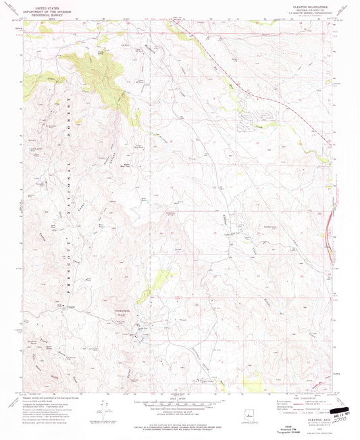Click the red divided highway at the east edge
pos(331,223)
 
